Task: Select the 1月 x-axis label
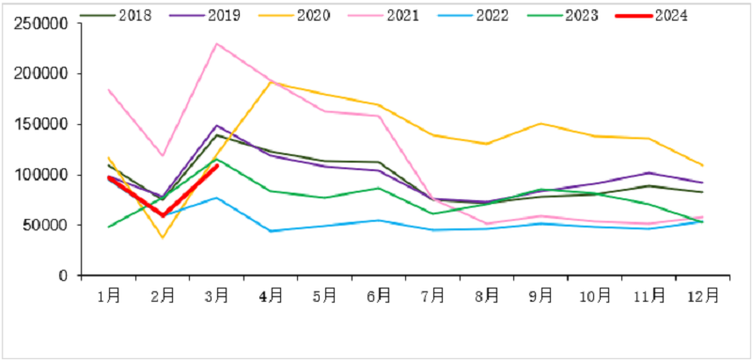pyautogui.click(x=109, y=295)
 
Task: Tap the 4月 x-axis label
pyautogui.click(x=272, y=295)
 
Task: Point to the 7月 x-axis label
pyautogui.click(x=433, y=295)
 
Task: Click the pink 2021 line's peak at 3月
pyautogui.click(x=217, y=43)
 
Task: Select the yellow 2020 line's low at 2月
pyautogui.click(x=163, y=237)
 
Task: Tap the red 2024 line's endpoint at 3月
pyautogui.click(x=217, y=165)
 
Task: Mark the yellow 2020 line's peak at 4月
pyautogui.click(x=272, y=82)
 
